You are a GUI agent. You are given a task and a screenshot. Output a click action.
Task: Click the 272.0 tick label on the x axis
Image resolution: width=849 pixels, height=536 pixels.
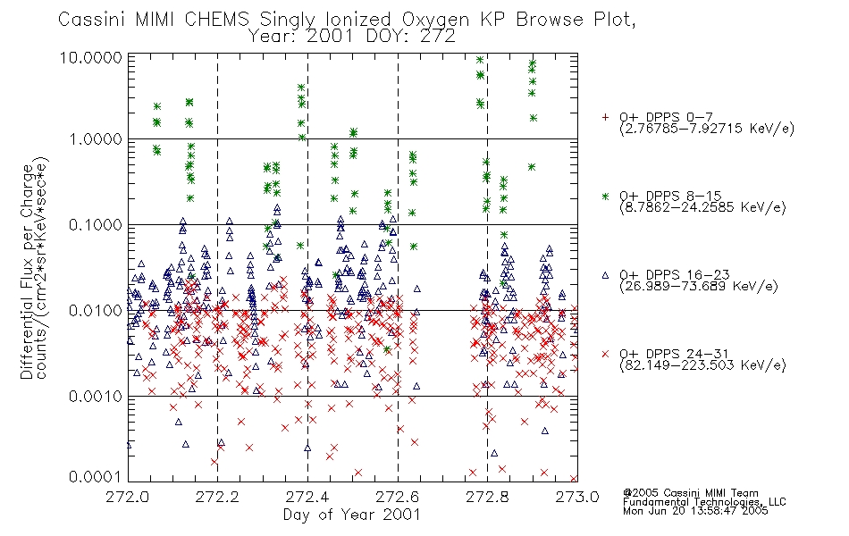(127, 497)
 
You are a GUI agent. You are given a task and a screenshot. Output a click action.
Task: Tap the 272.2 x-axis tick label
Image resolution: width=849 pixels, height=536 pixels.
(217, 497)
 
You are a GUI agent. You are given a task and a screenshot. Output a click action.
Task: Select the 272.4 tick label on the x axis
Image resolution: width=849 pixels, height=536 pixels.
(307, 497)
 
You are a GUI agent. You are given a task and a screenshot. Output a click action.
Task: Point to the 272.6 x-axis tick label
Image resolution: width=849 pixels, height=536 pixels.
(398, 497)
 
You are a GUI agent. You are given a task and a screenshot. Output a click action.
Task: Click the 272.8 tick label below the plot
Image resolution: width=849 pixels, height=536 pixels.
(487, 497)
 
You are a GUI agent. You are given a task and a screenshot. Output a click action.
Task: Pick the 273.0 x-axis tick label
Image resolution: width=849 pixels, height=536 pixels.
(577, 497)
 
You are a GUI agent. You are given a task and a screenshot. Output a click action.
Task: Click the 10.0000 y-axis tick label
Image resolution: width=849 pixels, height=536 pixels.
(91, 57)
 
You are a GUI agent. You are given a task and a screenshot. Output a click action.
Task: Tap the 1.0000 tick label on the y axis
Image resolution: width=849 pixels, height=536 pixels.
(96, 139)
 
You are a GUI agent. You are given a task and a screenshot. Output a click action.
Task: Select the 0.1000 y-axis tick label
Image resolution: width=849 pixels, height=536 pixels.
(96, 225)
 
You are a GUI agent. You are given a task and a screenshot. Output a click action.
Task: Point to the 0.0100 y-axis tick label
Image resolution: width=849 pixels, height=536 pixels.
(96, 311)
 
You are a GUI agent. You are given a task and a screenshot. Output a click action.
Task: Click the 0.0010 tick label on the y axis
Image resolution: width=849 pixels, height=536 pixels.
(96, 397)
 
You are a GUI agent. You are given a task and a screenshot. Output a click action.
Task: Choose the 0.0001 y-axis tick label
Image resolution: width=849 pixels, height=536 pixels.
(96, 476)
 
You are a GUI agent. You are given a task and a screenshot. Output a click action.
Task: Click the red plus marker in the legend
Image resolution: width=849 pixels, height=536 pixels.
(605, 117)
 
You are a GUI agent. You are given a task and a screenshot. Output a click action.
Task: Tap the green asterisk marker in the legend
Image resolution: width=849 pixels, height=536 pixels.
(605, 196)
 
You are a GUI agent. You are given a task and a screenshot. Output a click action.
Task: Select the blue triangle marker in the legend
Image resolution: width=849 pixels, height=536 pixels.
(605, 275)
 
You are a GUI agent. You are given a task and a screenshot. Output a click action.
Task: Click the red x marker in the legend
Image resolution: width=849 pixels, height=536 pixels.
(605, 354)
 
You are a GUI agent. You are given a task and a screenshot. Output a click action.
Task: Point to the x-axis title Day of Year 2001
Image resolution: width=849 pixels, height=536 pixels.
(352, 515)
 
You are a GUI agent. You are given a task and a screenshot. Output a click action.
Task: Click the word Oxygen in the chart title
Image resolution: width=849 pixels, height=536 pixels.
(437, 20)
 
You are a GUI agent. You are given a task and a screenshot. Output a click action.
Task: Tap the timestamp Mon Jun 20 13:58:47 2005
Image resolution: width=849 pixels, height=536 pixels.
(695, 511)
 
